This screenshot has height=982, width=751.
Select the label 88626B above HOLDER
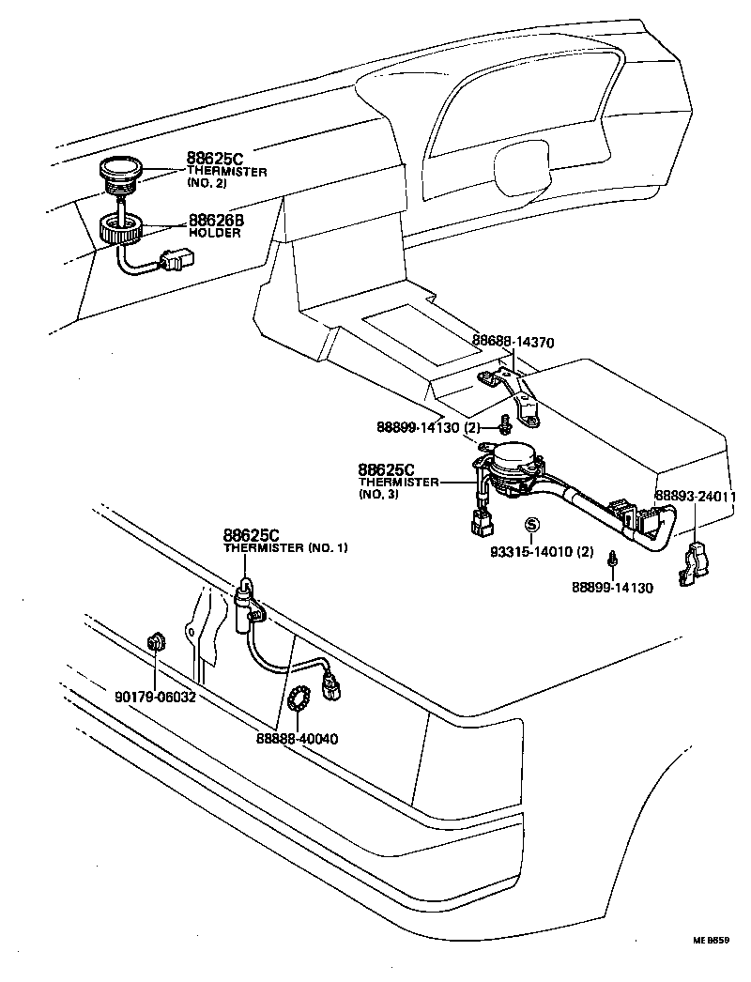point(215,220)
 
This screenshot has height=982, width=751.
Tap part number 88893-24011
point(695,497)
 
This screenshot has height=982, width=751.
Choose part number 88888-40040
point(297,739)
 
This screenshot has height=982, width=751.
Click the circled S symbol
point(532,526)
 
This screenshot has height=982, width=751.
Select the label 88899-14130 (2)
point(428,426)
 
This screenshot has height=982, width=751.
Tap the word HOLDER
point(215,233)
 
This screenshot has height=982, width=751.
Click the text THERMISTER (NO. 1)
point(285,547)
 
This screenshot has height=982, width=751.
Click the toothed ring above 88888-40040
point(298,699)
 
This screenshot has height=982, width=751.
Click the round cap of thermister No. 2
point(119,171)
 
